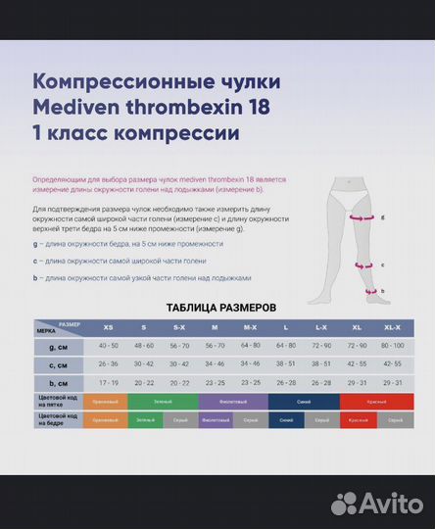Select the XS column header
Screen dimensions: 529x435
(x=108, y=327)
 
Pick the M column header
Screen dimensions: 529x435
(x=214, y=327)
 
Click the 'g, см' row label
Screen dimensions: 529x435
(x=59, y=345)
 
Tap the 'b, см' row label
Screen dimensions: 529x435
(x=59, y=382)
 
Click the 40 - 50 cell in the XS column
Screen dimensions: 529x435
(x=108, y=345)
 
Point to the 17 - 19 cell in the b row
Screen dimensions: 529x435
(x=108, y=382)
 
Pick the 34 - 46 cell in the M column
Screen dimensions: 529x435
(x=214, y=363)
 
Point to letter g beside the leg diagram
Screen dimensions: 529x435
(x=382, y=217)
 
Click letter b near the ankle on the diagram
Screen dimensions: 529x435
(x=382, y=290)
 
